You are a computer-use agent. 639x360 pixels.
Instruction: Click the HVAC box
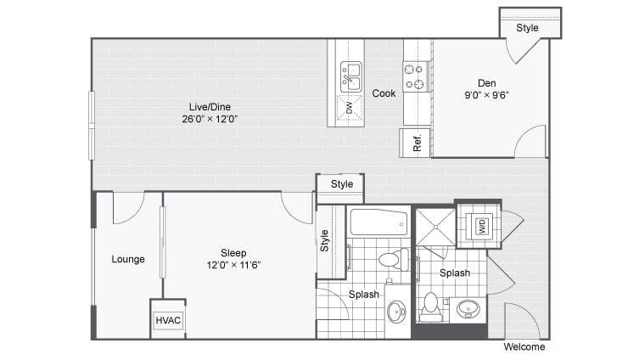(167, 320)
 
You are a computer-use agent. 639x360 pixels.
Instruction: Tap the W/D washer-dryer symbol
(480, 227)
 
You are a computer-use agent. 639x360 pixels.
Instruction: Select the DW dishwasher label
(349, 107)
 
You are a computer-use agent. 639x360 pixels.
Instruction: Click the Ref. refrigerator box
(416, 143)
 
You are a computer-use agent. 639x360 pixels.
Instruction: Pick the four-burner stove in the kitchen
(414, 76)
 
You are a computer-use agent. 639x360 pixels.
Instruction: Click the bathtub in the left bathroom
(378, 223)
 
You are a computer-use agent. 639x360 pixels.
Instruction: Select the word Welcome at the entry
(524, 347)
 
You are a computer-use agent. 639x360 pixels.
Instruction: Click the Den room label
(486, 82)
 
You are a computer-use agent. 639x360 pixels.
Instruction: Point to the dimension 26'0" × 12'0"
(210, 119)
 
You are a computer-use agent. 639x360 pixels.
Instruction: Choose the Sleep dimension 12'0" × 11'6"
(233, 264)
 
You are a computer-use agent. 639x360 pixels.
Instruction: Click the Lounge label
(128, 259)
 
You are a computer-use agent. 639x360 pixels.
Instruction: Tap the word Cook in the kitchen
(384, 93)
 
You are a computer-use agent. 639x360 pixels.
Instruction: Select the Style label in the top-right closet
(527, 27)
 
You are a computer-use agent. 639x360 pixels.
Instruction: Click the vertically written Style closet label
(325, 242)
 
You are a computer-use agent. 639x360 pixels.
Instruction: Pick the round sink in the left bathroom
(396, 312)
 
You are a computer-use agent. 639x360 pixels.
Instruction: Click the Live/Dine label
(210, 106)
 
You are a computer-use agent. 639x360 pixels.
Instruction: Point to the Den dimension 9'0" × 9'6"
(486, 95)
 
